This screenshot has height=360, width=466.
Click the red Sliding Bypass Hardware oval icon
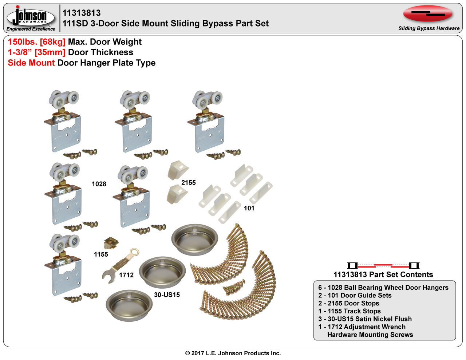[x=428, y=14]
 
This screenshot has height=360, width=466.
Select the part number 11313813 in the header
[x=82, y=13]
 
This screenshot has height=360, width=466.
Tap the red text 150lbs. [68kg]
[x=36, y=42]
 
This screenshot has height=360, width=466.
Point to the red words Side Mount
[x=31, y=63]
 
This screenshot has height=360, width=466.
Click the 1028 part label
[x=99, y=184]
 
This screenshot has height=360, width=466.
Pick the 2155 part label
[x=189, y=183]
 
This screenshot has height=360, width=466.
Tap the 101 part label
[x=249, y=208]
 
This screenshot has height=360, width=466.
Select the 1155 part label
[x=101, y=254]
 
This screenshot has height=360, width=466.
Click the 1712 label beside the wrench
[x=126, y=275]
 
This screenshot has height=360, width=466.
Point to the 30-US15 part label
[x=167, y=295]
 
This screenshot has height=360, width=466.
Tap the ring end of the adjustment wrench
[x=135, y=252]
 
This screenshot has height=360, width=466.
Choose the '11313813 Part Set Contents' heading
[x=383, y=275]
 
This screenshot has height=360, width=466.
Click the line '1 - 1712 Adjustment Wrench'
[x=362, y=327]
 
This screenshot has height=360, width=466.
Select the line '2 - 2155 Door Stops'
[x=349, y=303]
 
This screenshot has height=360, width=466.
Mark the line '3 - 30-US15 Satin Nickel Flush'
[x=365, y=319]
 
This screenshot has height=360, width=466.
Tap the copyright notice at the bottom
[x=233, y=353]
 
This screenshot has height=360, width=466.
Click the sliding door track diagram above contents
[x=383, y=266]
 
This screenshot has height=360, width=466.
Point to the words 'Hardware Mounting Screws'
[x=370, y=335]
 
